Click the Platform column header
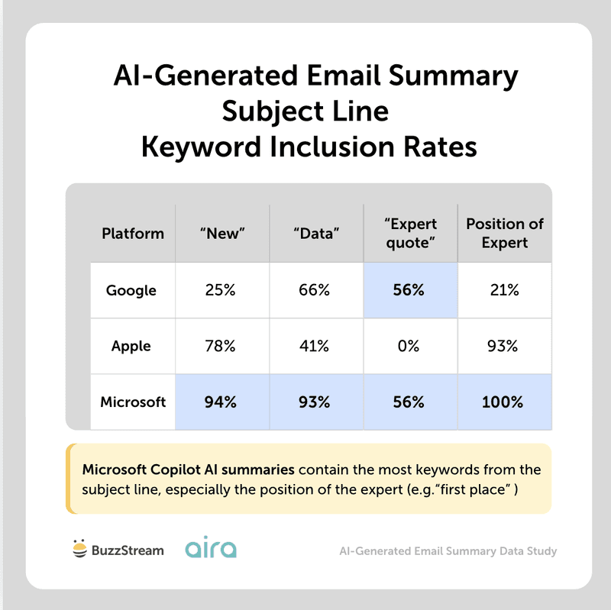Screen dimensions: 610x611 132,234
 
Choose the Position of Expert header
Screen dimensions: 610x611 505,234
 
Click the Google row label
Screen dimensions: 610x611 131,290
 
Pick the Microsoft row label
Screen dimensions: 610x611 132,402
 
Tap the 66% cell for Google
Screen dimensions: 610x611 314,290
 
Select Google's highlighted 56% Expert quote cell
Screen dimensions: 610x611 409,290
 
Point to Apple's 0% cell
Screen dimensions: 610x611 409,346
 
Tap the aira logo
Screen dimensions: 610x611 211,549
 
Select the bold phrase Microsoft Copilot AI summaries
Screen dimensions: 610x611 187,470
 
